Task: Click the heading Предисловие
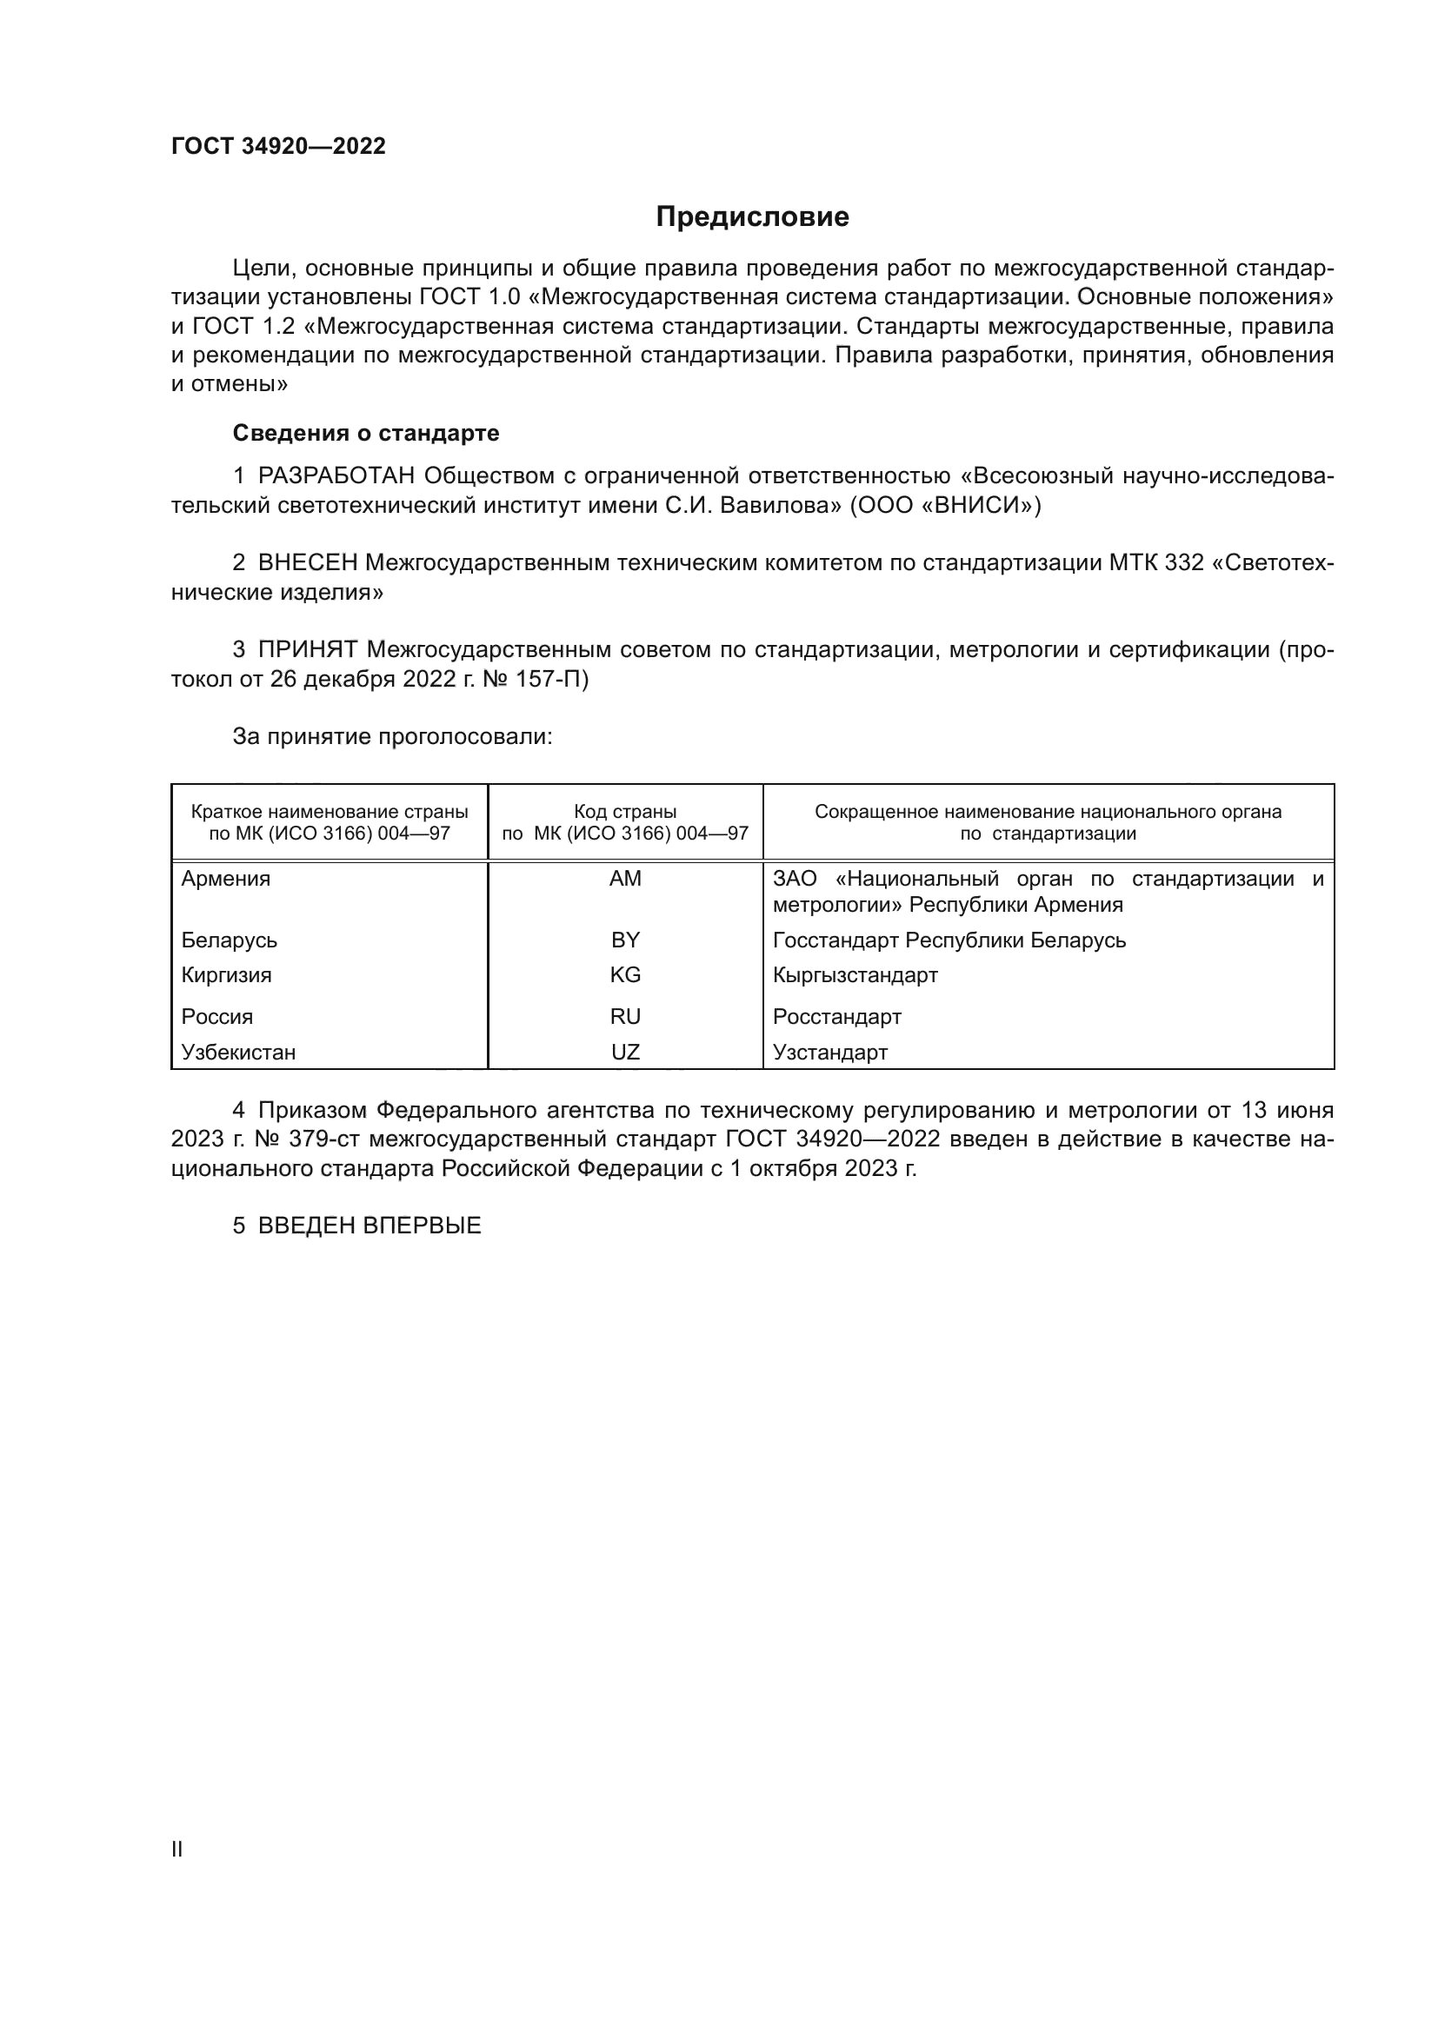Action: click(x=752, y=217)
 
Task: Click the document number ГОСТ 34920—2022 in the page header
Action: click(x=278, y=147)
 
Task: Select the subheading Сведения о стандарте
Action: click(x=366, y=433)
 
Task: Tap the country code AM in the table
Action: click(x=625, y=880)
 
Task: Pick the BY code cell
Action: click(x=625, y=940)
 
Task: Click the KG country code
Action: click(x=625, y=976)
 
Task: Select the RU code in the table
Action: click(x=625, y=1018)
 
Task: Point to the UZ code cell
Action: click(x=625, y=1053)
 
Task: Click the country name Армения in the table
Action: click(x=226, y=880)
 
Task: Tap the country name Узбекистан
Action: click(x=238, y=1053)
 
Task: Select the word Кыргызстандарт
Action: click(x=855, y=976)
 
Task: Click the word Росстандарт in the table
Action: click(x=836, y=1018)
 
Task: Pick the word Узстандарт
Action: click(x=829, y=1053)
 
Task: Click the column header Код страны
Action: click(x=625, y=812)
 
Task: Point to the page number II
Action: click(x=177, y=1850)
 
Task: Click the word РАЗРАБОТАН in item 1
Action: click(x=336, y=476)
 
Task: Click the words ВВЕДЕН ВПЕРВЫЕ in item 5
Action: click(x=369, y=1226)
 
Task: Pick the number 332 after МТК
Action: click(x=1184, y=563)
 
